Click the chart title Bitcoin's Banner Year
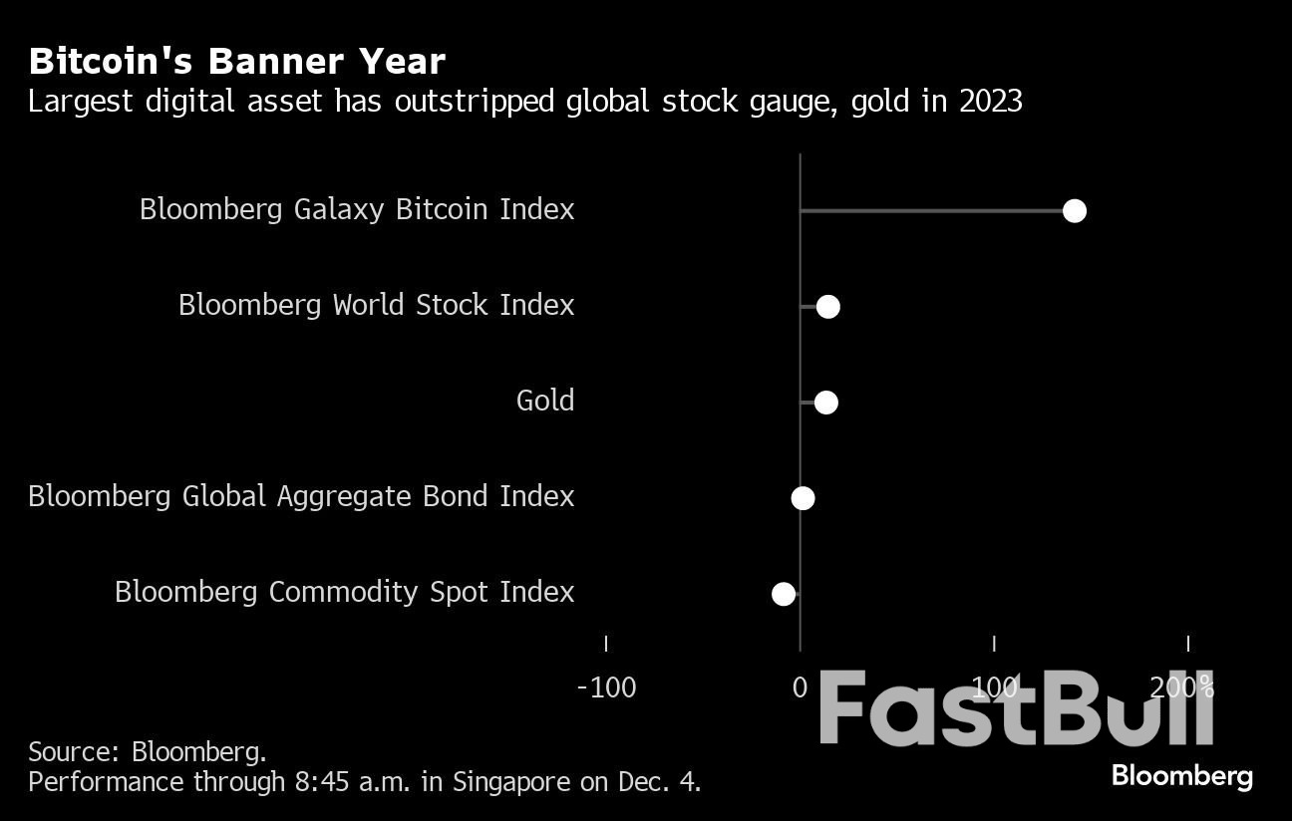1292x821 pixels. pos(236,62)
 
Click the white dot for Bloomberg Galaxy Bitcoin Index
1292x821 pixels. pos(1074,210)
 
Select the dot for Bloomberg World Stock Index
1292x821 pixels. pos(827,306)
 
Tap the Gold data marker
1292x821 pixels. pos(825,403)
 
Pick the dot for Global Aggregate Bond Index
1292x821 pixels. pos(803,498)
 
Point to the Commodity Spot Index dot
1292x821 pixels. pos(784,594)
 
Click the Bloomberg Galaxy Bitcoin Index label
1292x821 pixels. pos(357,209)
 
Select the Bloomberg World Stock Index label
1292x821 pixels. pos(376,305)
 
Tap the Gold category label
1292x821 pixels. pos(544,401)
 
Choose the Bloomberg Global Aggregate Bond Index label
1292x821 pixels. pos(301,496)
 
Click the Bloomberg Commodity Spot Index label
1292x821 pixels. pos(344,592)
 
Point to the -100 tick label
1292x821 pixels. pos(606,687)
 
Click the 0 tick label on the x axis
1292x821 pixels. pos(800,687)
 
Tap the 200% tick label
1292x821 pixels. pos(1182,687)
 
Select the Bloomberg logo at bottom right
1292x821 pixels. pos(1181,776)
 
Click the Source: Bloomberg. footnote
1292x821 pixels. pos(148,751)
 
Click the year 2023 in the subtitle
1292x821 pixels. pos(990,102)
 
